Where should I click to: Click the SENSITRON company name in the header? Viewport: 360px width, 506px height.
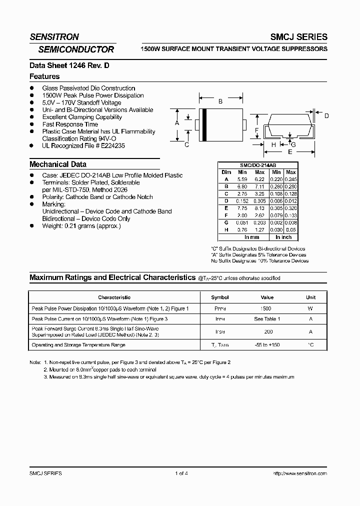[54, 37]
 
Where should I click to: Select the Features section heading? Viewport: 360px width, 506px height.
[44, 76]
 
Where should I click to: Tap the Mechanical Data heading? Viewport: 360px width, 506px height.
[58, 164]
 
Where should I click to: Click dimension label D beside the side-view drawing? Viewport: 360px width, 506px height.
[326, 116]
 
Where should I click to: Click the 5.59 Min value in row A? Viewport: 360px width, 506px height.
[243, 178]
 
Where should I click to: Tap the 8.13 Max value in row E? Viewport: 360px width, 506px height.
[259, 207]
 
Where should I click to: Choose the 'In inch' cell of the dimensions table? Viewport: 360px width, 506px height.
[283, 237]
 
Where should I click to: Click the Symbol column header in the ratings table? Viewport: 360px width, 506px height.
[220, 297]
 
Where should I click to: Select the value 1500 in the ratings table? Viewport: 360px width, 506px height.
[266, 309]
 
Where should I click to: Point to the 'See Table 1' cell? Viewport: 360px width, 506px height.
[266, 318]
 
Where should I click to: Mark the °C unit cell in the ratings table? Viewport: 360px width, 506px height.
[310, 345]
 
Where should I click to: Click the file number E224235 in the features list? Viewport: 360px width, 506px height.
[111, 145]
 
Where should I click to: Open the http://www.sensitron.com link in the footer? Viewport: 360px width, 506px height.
[300, 473]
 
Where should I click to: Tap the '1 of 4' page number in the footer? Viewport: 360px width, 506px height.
[181, 473]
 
